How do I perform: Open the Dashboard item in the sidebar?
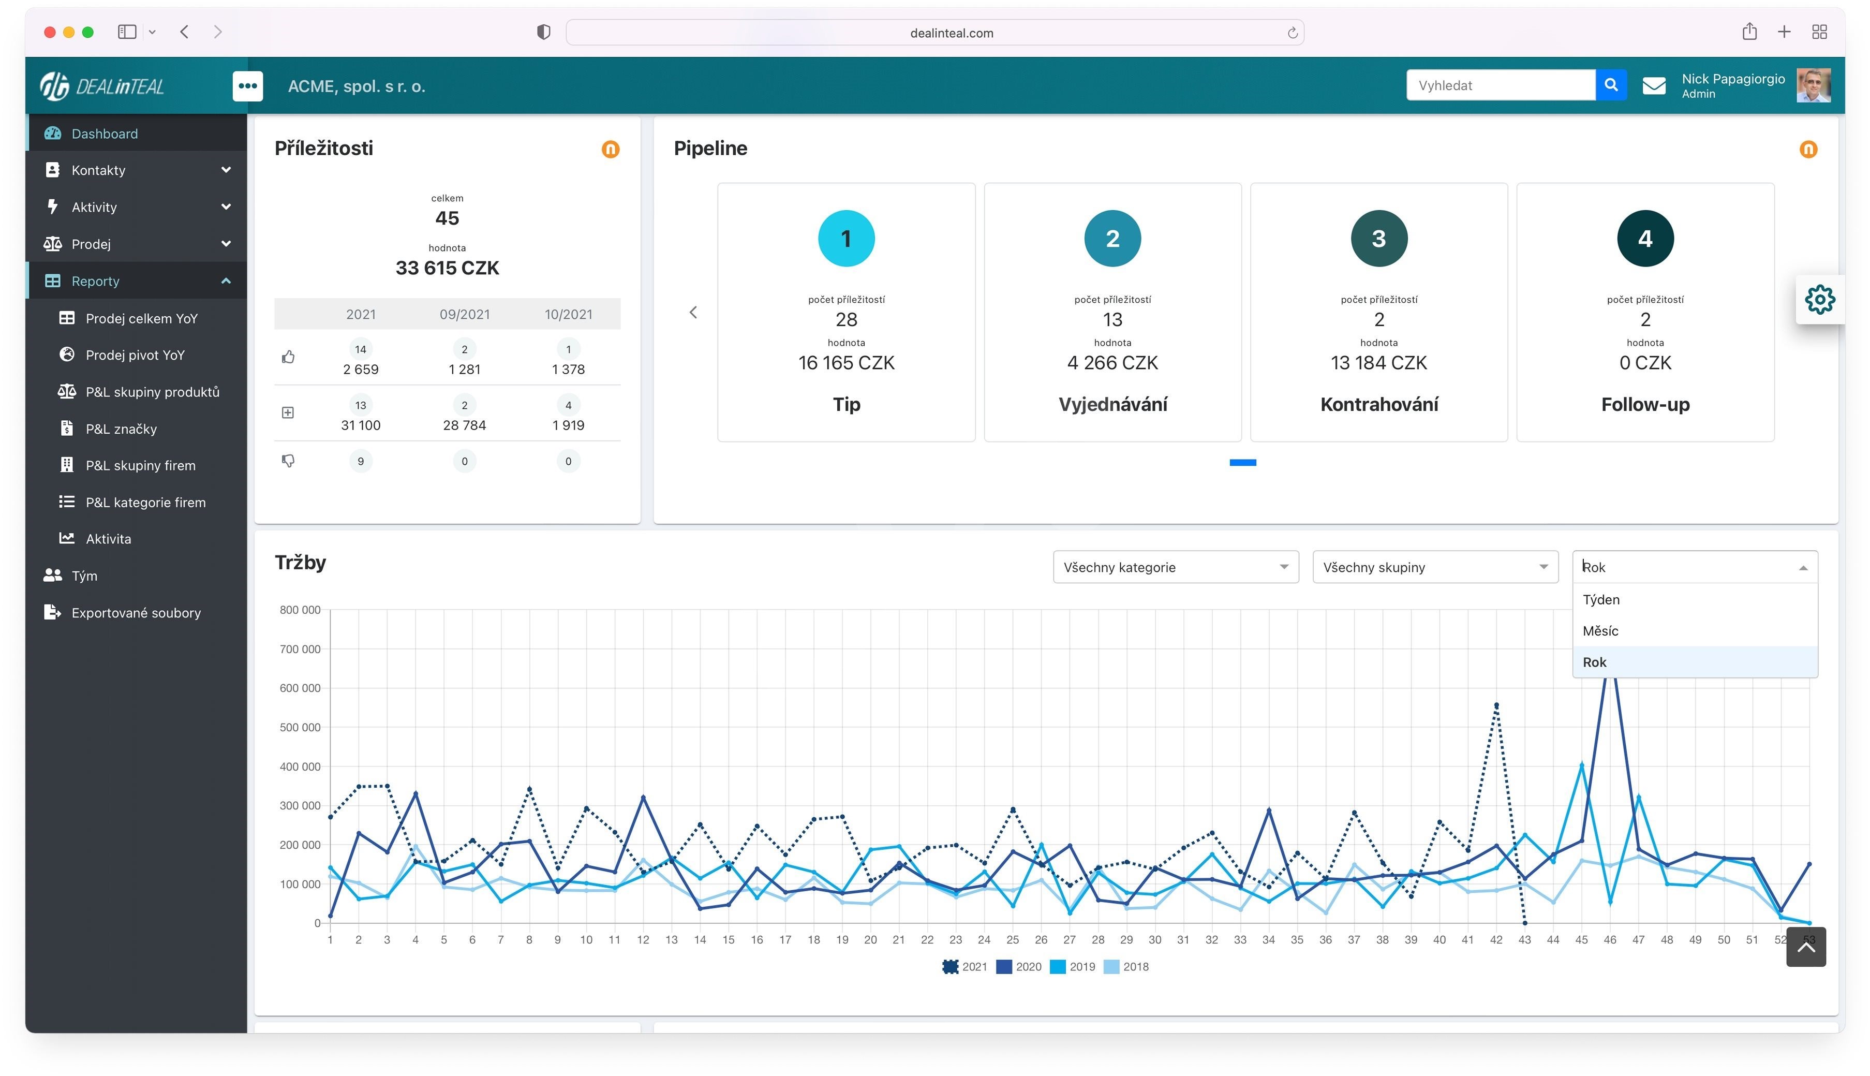click(104, 134)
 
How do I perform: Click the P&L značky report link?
click(121, 429)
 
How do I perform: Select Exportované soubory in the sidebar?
click(136, 613)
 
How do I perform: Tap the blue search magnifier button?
click(1611, 85)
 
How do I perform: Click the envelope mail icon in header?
click(1654, 86)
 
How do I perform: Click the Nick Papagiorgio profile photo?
click(1813, 85)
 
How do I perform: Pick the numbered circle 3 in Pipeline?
click(1378, 239)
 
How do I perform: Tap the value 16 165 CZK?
click(846, 363)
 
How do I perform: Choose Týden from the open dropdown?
click(1600, 599)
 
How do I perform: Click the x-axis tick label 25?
click(1012, 940)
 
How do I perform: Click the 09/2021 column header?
click(464, 314)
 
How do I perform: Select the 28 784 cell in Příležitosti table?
click(464, 425)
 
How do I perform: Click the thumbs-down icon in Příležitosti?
click(288, 461)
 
